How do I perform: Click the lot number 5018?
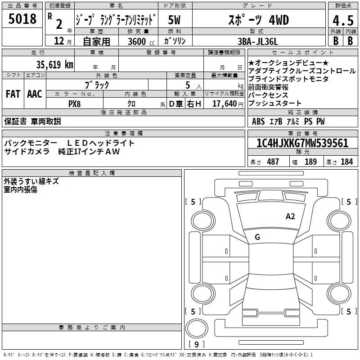pyautogui.click(x=22, y=18)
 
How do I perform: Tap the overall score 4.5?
pyautogui.click(x=343, y=20)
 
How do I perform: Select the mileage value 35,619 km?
pyautogui.click(x=54, y=65)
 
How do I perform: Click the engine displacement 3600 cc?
pyautogui.click(x=141, y=41)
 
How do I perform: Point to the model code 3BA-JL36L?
pyautogui.click(x=257, y=41)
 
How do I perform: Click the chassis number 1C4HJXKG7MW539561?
pyautogui.click(x=302, y=143)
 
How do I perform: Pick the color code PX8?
pyautogui.click(x=74, y=104)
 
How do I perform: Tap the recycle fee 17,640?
pyautogui.click(x=224, y=103)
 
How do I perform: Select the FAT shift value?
pyautogui.click(x=13, y=94)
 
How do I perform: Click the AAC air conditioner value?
pyautogui.click(x=35, y=94)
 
